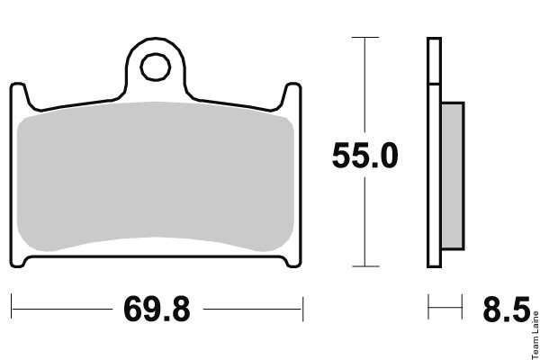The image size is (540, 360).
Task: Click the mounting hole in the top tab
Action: point(156,67)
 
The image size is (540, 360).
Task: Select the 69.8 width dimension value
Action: point(157,309)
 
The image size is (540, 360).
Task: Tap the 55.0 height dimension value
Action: point(365,156)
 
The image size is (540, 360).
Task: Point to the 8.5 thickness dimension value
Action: point(506,309)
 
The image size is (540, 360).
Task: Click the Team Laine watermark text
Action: point(535,335)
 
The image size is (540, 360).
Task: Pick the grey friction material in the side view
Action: point(453,175)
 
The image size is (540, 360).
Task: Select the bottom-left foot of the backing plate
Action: point(18,262)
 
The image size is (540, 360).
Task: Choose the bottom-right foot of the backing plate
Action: point(293,262)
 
